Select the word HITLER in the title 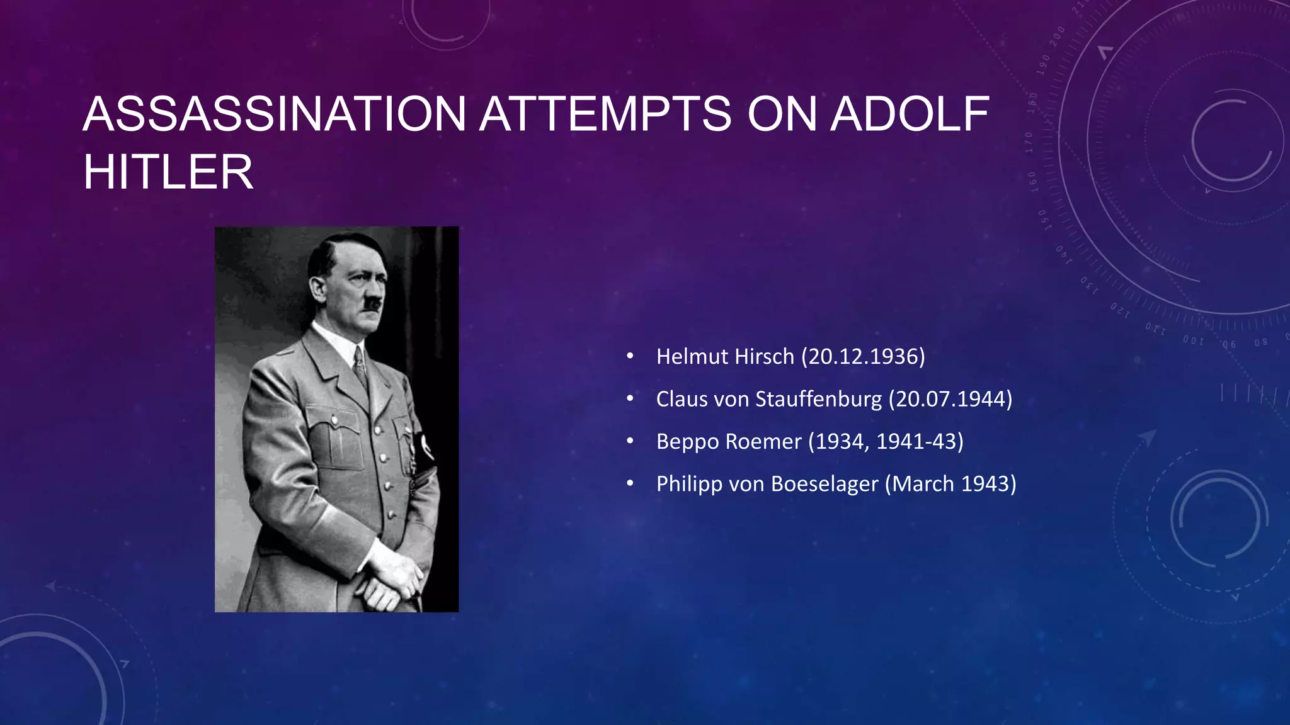[x=168, y=172]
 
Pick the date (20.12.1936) [x=863, y=356]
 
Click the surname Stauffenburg [x=819, y=399]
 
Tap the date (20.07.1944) [x=950, y=399]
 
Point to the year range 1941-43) [x=920, y=441]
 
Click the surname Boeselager [x=825, y=483]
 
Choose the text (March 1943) [x=950, y=483]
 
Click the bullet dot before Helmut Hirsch [x=630, y=357]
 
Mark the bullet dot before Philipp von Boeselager [x=630, y=484]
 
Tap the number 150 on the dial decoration [x=1043, y=220]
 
